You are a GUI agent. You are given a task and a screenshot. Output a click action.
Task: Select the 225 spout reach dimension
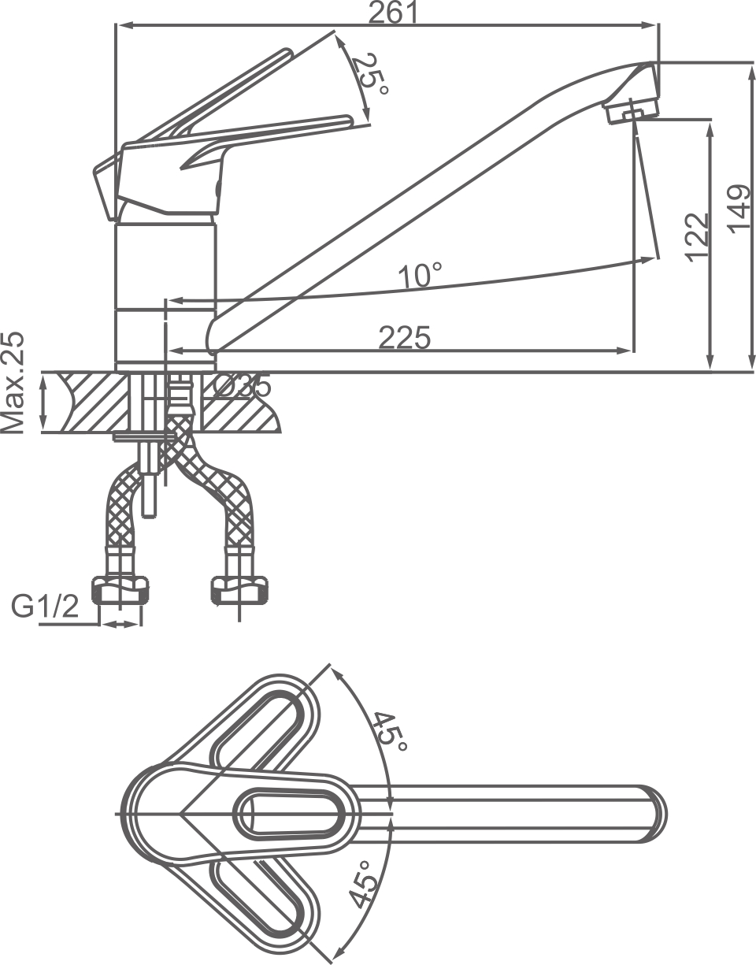tap(405, 337)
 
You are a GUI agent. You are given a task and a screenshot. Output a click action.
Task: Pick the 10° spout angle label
tap(420, 275)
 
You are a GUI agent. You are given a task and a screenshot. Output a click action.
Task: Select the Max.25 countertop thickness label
tap(13, 383)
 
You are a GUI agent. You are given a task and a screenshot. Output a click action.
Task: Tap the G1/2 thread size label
tap(45, 607)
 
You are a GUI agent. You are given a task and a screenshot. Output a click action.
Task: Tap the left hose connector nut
tap(120, 589)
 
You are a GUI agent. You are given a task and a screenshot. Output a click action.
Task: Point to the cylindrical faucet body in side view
tap(165, 291)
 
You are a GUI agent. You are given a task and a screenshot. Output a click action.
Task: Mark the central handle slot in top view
tap(291, 811)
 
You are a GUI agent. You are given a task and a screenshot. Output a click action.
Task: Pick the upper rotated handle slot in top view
tap(260, 724)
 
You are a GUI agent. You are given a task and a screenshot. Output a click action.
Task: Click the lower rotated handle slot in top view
tap(260, 899)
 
